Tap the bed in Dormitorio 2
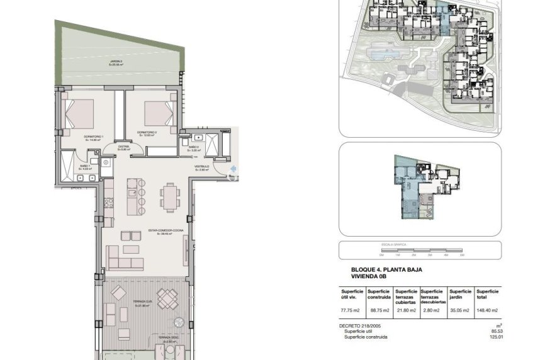point(158,113)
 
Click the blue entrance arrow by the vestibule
point(234,169)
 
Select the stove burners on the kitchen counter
point(107,202)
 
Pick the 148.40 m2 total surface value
point(487,310)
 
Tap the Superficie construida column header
point(380,294)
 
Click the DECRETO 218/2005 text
point(360,326)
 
